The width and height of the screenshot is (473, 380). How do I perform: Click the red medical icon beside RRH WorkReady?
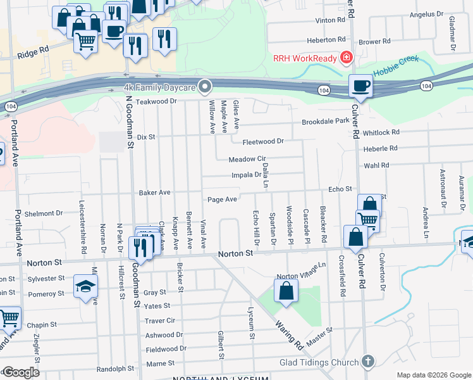pyautogui.click(x=346, y=58)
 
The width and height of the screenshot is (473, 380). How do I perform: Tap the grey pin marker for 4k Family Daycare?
pyautogui.click(x=204, y=86)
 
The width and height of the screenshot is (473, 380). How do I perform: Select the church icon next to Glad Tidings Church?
pyautogui.click(x=367, y=362)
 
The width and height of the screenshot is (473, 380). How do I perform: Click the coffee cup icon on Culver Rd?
pyautogui.click(x=361, y=87)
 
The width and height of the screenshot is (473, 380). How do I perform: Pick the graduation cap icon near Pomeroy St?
pyautogui.click(x=85, y=287)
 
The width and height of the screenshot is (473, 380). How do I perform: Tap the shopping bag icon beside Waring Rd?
pyautogui.click(x=286, y=292)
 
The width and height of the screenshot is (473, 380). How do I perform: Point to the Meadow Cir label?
pyautogui.click(x=247, y=159)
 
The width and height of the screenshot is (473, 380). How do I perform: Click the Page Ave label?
pyautogui.click(x=223, y=199)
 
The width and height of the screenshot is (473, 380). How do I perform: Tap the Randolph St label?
pyautogui.click(x=116, y=369)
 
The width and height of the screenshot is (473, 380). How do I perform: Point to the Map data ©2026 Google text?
pyautogui.click(x=433, y=375)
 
